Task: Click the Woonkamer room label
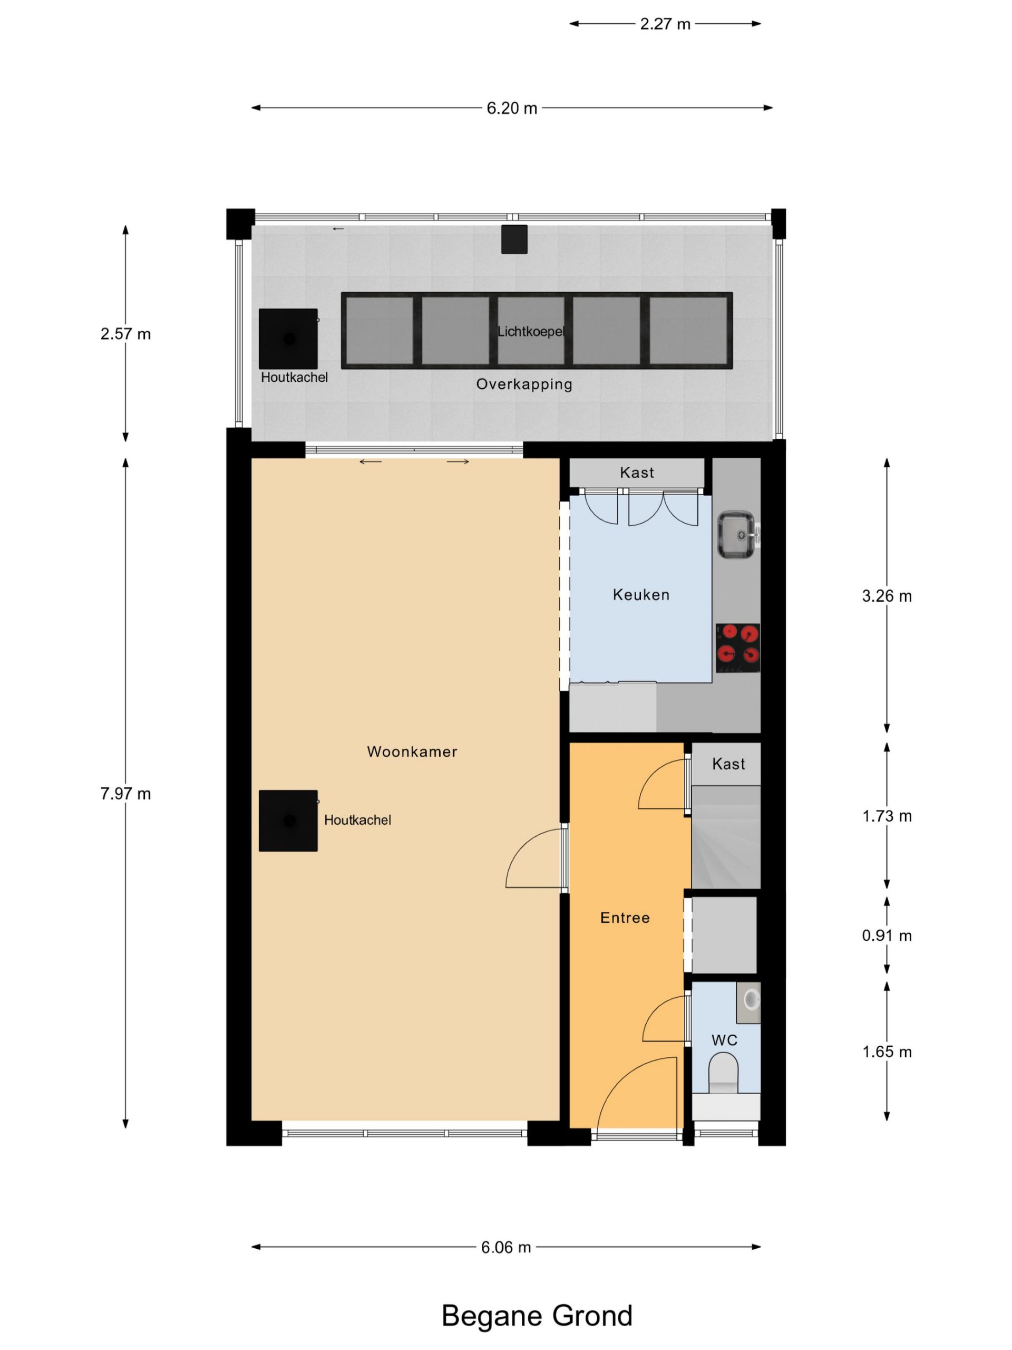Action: (412, 751)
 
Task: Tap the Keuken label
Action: (641, 594)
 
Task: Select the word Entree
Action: (625, 917)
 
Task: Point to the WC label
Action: (724, 1040)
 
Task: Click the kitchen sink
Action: (736, 535)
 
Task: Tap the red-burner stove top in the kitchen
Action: (737, 648)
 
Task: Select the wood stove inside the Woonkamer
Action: (288, 820)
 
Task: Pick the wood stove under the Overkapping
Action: (288, 339)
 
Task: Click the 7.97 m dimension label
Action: (125, 794)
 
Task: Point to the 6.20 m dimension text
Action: (512, 108)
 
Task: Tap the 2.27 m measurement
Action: (665, 24)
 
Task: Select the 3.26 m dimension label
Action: (887, 596)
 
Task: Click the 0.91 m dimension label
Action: (887, 935)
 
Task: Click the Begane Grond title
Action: (537, 1316)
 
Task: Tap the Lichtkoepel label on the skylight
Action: (531, 331)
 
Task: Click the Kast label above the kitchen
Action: (637, 472)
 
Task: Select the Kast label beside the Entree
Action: (728, 764)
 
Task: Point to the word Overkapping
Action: (524, 384)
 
